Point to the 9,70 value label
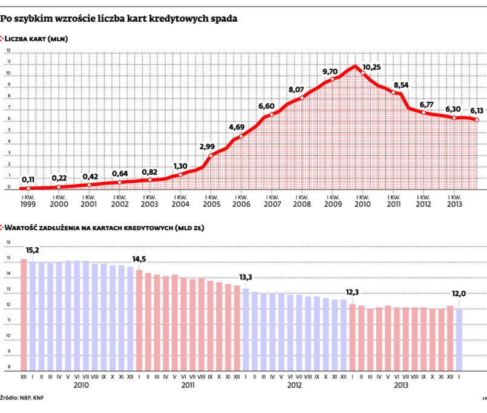330,72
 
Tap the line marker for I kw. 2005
211,156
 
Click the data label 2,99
207,146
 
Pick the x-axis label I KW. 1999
28,200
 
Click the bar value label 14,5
139,259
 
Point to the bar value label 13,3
246,278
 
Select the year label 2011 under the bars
188,385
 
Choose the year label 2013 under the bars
400,385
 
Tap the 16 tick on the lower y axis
8,242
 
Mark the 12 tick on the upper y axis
8,51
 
